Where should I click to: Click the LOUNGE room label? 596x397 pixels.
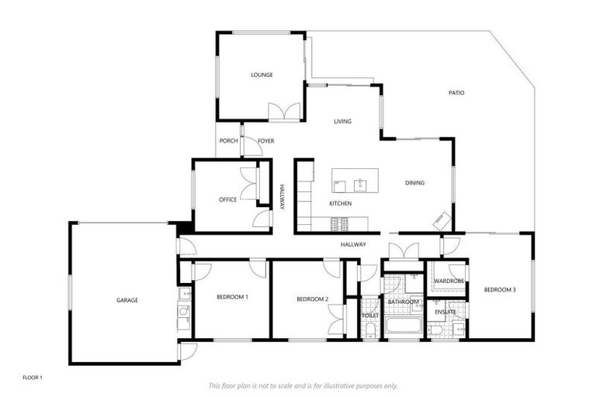262,75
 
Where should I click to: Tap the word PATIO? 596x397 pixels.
456,92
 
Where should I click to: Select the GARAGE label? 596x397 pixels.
127,300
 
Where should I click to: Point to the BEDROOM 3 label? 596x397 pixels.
500,289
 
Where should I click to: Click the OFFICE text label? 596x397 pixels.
227,199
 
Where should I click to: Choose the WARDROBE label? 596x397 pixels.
449,280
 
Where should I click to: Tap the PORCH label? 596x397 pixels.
228,140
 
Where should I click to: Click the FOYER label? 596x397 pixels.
266,140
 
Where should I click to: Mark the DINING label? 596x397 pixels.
414,183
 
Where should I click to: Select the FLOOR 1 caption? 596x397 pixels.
32,377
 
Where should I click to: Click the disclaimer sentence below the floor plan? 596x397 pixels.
303,385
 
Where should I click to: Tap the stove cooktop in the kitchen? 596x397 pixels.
339,224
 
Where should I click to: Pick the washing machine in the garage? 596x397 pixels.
183,312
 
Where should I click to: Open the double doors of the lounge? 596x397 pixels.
284,112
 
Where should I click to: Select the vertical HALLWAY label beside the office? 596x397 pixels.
282,196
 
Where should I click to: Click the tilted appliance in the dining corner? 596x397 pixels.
441,220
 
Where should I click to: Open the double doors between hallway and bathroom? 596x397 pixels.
404,251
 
